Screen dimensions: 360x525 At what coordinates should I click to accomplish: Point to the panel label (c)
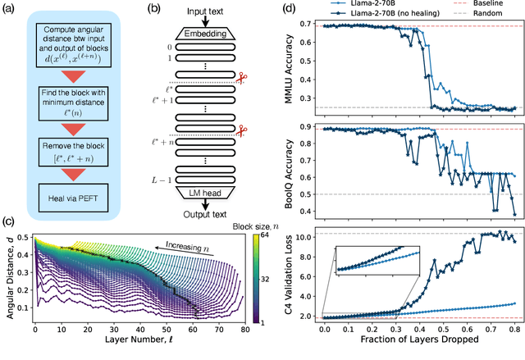coord(8,220)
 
